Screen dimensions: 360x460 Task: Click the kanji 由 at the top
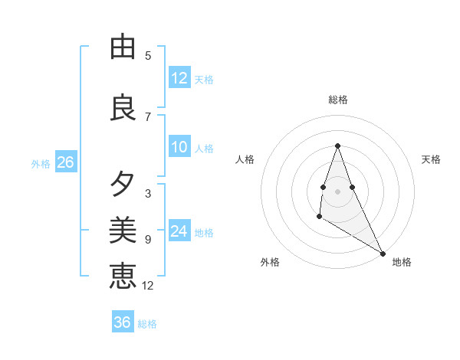[x=123, y=47]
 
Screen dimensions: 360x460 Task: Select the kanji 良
[x=123, y=107]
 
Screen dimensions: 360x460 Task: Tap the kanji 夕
[x=123, y=185]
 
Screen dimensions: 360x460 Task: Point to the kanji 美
[x=123, y=230]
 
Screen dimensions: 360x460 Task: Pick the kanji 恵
[x=123, y=276]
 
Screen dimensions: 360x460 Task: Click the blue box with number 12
[x=179, y=78]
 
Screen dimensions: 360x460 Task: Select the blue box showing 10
[x=179, y=147]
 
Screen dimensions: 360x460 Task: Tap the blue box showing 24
[x=179, y=231]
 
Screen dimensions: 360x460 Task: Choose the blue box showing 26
[x=65, y=162]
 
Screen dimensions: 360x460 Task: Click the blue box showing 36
[x=123, y=322]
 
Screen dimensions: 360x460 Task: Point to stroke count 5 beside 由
[x=148, y=56]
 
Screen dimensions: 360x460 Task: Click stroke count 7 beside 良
[x=148, y=117]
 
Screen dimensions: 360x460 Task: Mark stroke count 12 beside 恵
[x=148, y=286]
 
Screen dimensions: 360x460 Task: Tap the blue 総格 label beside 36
[x=147, y=324]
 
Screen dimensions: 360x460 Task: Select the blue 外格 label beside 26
[x=41, y=164]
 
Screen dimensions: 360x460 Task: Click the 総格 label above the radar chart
[x=337, y=100]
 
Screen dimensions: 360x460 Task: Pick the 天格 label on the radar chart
[x=431, y=159]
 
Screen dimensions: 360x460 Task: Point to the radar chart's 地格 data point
[x=383, y=254]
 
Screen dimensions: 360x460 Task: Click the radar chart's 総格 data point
[x=337, y=146]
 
